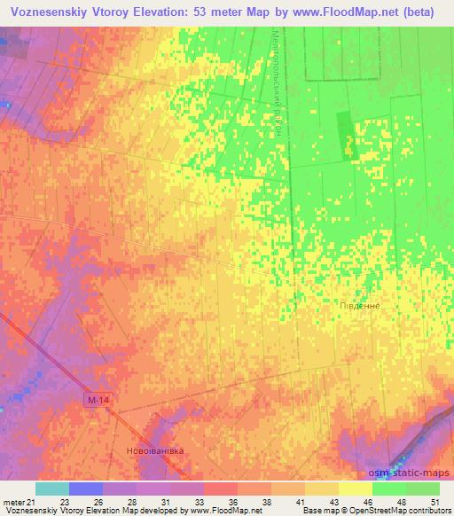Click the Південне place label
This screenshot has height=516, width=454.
[x=360, y=305]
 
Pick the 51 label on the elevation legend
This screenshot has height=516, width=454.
[x=434, y=503]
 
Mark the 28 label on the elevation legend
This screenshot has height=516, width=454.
[x=131, y=503]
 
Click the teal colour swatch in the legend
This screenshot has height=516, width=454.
[x=52, y=489]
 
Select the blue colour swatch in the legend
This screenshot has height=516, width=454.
[x=86, y=489]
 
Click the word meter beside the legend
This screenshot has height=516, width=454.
[x=12, y=503]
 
